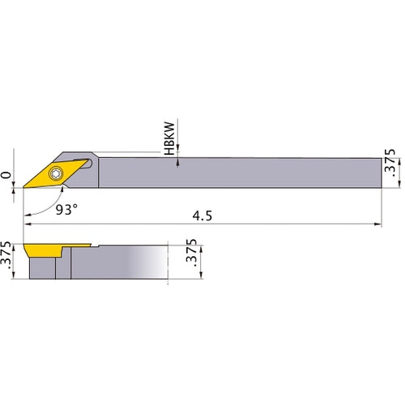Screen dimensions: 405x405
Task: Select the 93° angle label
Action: pyautogui.click(x=67, y=210)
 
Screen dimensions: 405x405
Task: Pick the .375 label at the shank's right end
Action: pyautogui.click(x=390, y=168)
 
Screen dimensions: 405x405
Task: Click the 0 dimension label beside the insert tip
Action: pyautogui.click(x=7, y=174)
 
